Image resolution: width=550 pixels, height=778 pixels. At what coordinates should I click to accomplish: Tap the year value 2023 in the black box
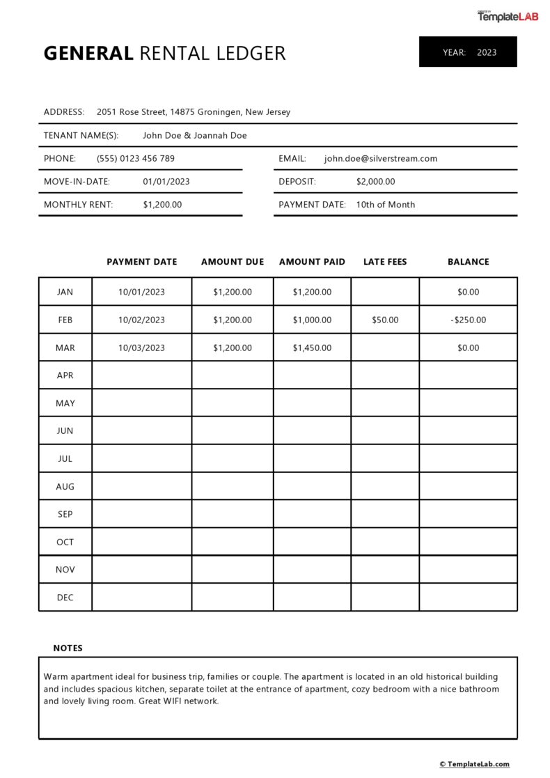(x=487, y=52)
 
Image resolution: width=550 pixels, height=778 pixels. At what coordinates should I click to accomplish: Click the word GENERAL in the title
(x=88, y=53)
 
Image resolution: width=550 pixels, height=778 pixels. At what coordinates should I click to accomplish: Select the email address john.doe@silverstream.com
(x=381, y=159)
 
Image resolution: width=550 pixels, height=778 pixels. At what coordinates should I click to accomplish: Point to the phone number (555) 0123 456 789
(x=136, y=159)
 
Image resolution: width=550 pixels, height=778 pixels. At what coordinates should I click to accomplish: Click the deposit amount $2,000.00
(x=375, y=182)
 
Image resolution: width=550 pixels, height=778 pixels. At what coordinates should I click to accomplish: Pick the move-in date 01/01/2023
(x=166, y=182)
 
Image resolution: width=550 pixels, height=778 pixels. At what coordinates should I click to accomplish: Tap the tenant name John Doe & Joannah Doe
(x=195, y=136)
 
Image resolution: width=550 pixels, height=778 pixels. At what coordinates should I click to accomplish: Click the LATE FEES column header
(x=385, y=262)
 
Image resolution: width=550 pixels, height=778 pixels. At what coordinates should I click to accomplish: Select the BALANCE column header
(x=468, y=262)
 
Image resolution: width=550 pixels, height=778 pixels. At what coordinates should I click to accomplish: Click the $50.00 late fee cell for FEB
(x=385, y=320)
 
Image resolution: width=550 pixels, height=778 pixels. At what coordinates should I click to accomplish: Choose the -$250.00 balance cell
(x=468, y=320)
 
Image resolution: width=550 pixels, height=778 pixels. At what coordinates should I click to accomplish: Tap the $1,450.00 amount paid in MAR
(x=312, y=348)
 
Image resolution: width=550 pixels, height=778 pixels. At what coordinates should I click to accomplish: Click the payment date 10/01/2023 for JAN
(x=141, y=292)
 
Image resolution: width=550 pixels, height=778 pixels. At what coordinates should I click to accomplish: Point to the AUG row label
(x=65, y=486)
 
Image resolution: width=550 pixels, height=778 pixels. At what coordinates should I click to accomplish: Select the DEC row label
(x=65, y=598)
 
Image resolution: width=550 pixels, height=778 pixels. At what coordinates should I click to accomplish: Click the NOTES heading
(x=68, y=648)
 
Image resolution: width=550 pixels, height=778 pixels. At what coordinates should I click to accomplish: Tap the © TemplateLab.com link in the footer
(x=474, y=764)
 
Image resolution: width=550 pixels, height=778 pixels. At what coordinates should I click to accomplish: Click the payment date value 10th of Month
(x=386, y=205)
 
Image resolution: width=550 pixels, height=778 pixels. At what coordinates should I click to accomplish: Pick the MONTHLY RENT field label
(x=78, y=205)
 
